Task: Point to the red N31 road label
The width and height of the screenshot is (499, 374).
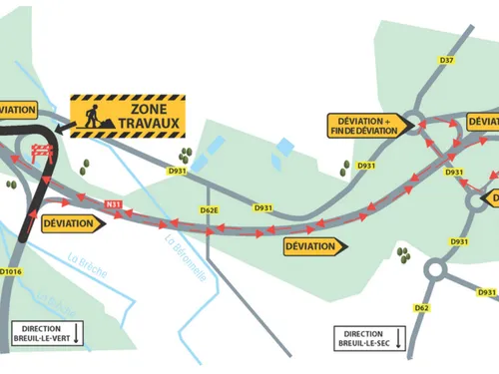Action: coord(114,205)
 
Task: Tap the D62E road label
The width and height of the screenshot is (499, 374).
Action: coord(209,210)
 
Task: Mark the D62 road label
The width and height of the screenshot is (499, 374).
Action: coord(421,308)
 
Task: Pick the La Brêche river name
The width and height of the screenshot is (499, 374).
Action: coord(88,267)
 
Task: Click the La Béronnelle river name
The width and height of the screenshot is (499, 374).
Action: coord(185,258)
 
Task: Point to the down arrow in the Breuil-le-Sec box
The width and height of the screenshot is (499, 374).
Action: coord(398,339)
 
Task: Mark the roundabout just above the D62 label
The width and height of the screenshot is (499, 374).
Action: coord(437,269)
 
